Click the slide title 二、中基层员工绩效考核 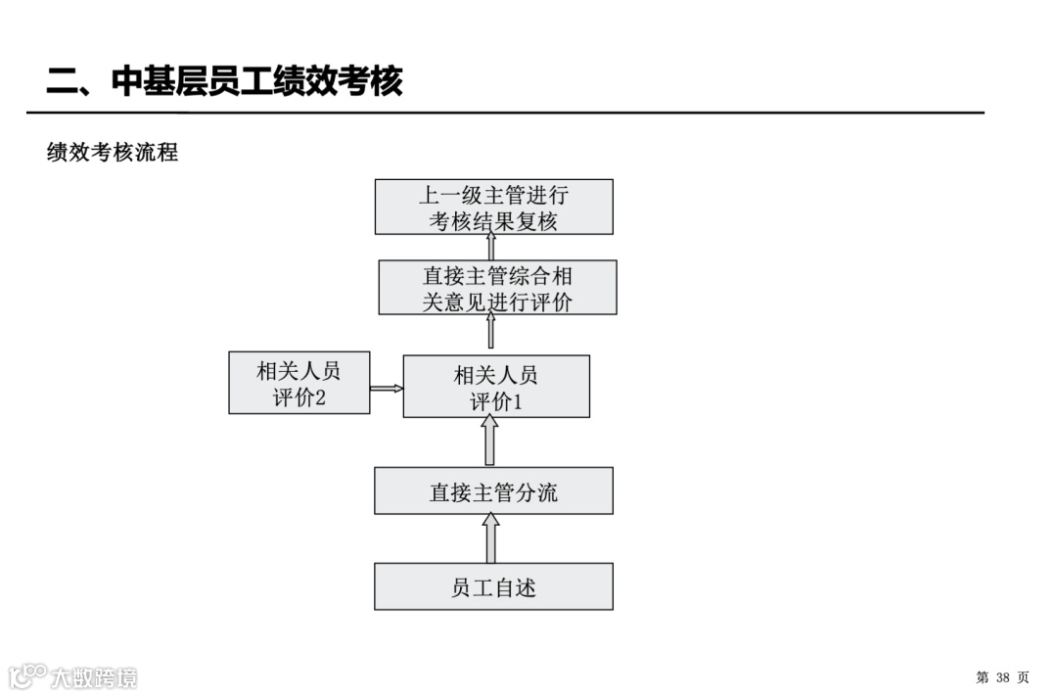[225, 81]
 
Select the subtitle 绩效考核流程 [113, 153]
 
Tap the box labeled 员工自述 [493, 586]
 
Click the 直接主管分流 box [493, 490]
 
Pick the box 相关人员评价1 [496, 387]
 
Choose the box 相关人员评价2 [299, 383]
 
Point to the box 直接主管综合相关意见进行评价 [497, 287]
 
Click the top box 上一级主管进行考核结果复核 [493, 207]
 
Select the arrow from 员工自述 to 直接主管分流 [490, 538]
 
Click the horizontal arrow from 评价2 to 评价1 [387, 388]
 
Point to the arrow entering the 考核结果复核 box [490, 247]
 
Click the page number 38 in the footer [1002, 677]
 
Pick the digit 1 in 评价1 [520, 401]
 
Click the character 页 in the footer [1023, 677]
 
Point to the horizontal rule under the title [505, 113]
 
